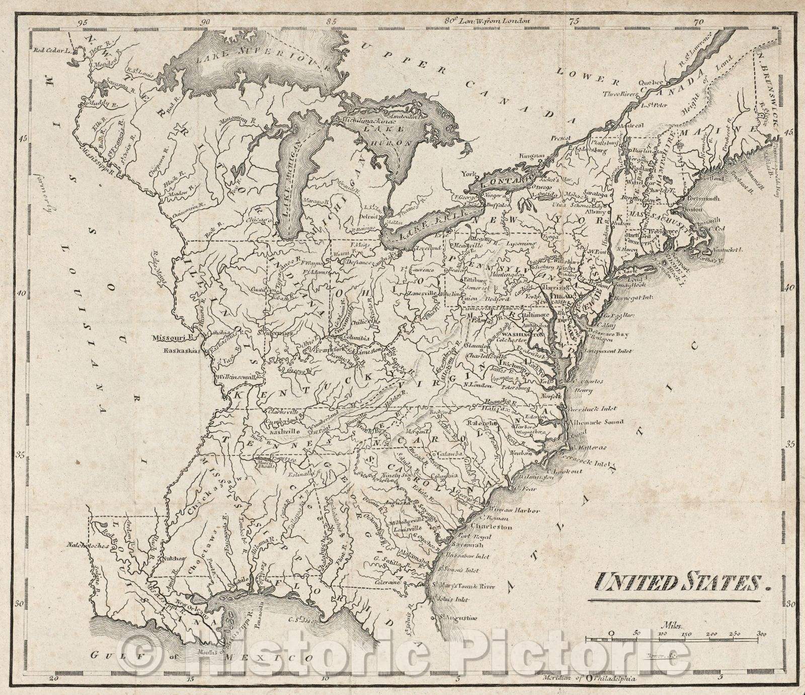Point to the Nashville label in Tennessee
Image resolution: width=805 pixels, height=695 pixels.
click(285, 431)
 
